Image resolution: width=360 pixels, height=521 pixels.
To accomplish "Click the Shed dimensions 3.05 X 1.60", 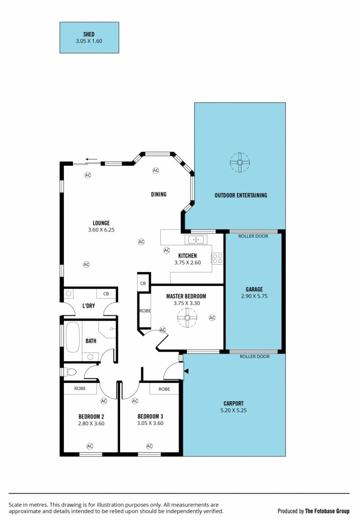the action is tap(89, 41).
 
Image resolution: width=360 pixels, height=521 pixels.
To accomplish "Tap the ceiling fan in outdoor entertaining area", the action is tap(240, 163).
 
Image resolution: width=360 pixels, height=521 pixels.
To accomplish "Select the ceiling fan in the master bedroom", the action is tap(187, 317).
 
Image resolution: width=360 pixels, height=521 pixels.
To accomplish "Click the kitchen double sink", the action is tap(196, 239).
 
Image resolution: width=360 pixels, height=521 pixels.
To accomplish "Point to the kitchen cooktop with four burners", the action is tap(217, 259).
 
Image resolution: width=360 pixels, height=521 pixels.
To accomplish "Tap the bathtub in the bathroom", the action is tap(73, 337).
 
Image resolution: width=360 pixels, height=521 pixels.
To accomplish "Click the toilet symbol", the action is tap(70, 372).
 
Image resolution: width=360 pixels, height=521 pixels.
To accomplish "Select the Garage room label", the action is tap(254, 290).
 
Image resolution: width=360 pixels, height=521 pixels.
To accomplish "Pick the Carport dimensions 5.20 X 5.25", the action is tap(234, 410).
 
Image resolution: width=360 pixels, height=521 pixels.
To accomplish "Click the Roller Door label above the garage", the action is tap(253, 236).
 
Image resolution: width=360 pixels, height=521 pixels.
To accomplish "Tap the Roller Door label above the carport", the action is tap(255, 357).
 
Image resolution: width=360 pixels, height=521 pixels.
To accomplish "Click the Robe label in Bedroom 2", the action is tap(80, 389).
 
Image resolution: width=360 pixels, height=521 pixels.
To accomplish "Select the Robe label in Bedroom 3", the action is tap(164, 389).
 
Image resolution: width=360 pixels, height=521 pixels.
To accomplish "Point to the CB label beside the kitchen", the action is tap(143, 283).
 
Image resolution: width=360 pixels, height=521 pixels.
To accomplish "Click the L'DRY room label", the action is tap(89, 306).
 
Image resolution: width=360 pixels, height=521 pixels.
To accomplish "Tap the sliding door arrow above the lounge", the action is tap(92, 159).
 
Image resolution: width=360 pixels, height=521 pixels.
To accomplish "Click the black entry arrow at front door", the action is tap(186, 371).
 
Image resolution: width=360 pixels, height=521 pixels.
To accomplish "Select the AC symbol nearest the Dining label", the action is tap(156, 171).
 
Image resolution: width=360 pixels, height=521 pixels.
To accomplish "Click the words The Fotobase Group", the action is tap(328, 511).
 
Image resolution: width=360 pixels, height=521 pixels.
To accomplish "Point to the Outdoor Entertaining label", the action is tap(241, 195).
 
